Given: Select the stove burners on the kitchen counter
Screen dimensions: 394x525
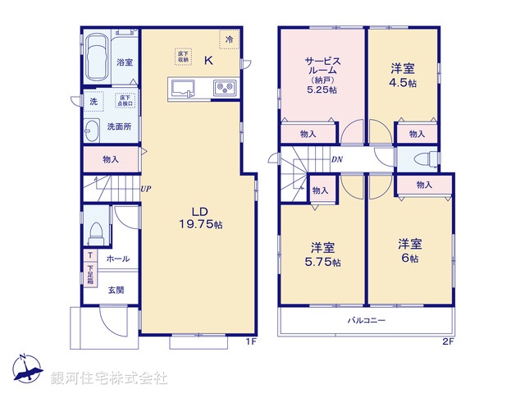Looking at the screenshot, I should coord(224,89).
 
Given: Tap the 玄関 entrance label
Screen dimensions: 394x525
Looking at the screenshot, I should coord(116,290).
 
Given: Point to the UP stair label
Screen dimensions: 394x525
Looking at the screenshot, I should coord(145,190).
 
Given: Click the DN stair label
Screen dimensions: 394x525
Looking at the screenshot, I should coord(337,160).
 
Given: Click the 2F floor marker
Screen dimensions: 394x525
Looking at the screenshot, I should coord(448,341).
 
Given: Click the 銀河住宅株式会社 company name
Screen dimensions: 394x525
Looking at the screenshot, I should coord(109,378).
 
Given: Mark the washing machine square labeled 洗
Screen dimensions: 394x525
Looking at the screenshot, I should coord(93,102).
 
